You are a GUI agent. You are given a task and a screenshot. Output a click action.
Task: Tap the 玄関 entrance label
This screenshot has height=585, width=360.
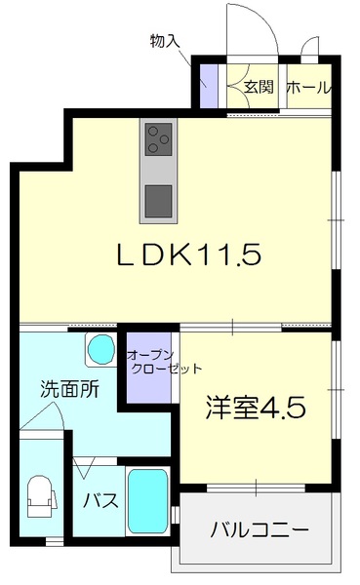click(258, 87)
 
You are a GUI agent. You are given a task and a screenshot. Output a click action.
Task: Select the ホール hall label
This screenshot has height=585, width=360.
click(308, 87)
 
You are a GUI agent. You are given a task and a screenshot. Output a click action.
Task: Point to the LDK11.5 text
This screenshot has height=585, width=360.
click(189, 255)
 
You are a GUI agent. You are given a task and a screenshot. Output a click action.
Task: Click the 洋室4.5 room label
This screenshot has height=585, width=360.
click(256, 408)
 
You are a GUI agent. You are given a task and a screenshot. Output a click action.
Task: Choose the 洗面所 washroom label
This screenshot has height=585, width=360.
click(68, 388)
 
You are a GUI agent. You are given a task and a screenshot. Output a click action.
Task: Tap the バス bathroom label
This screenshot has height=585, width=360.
click(100, 501)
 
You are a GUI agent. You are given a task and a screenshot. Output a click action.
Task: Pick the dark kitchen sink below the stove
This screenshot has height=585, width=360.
click(156, 201)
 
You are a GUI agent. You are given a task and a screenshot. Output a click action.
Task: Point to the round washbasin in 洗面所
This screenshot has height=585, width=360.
click(99, 348)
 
